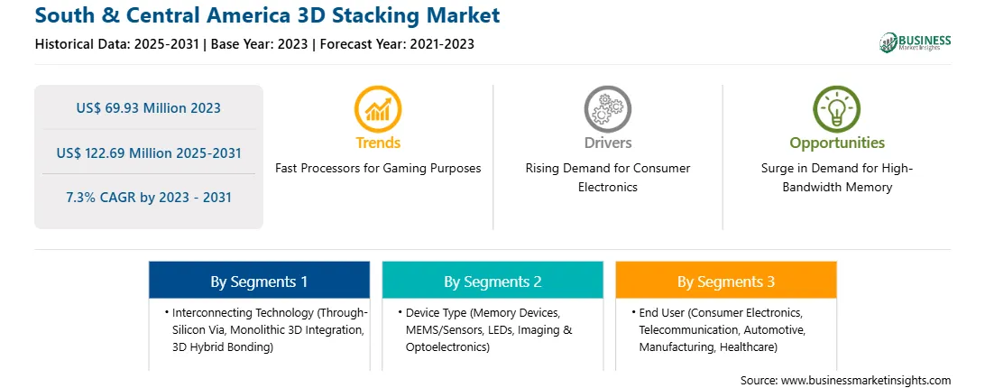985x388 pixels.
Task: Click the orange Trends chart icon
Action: pyautogui.click(x=378, y=109)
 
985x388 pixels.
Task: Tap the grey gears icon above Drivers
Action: pyautogui.click(x=607, y=109)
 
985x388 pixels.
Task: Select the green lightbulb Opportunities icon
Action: pyautogui.click(x=837, y=109)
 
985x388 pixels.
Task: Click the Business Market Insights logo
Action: pyautogui.click(x=916, y=42)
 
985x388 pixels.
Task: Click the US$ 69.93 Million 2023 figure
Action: pyautogui.click(x=148, y=107)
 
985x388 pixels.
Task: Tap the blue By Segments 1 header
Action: pyautogui.click(x=260, y=281)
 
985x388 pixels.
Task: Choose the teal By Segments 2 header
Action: pyautogui.click(x=492, y=281)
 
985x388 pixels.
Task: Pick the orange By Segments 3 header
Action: pyautogui.click(x=726, y=281)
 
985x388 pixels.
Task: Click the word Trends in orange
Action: pyautogui.click(x=378, y=143)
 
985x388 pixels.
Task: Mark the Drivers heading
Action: pyautogui.click(x=608, y=143)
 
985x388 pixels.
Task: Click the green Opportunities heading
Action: pyautogui.click(x=837, y=143)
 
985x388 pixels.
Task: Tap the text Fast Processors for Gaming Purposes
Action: pyautogui.click(x=378, y=169)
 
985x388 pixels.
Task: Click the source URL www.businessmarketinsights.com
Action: pyautogui.click(x=866, y=381)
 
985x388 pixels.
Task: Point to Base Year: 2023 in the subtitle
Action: pyautogui.click(x=260, y=44)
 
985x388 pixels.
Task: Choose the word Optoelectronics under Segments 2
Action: pyautogui.click(x=445, y=347)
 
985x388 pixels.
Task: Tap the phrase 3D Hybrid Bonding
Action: pyautogui.click(x=223, y=347)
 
